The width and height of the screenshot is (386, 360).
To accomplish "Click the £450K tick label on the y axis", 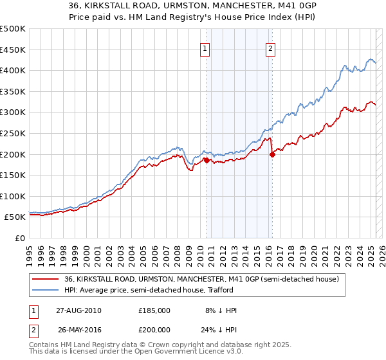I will (x=14, y=50).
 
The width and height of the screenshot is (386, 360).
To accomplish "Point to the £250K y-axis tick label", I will (x=14, y=133).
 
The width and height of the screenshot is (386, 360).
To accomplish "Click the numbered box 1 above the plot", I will (x=205, y=48).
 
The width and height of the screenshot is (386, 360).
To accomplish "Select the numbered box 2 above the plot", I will (x=270, y=48).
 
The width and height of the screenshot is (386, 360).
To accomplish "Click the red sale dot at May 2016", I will (x=272, y=154).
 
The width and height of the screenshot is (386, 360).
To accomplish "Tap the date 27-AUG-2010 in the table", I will (x=78, y=310).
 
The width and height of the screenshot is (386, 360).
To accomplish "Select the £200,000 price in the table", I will (x=154, y=329).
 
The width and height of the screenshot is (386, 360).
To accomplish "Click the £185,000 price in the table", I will (x=154, y=310).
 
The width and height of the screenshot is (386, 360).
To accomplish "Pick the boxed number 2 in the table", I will (x=32, y=329).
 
